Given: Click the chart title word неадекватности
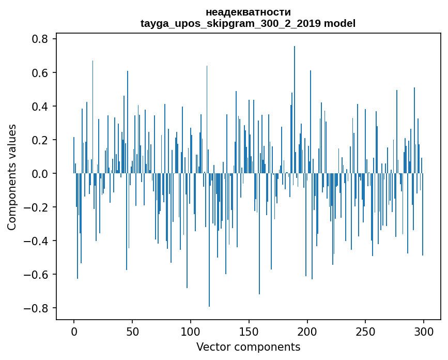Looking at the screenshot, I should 248,12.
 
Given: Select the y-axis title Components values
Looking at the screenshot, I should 12,177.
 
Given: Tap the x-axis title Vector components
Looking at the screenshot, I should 248,347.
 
